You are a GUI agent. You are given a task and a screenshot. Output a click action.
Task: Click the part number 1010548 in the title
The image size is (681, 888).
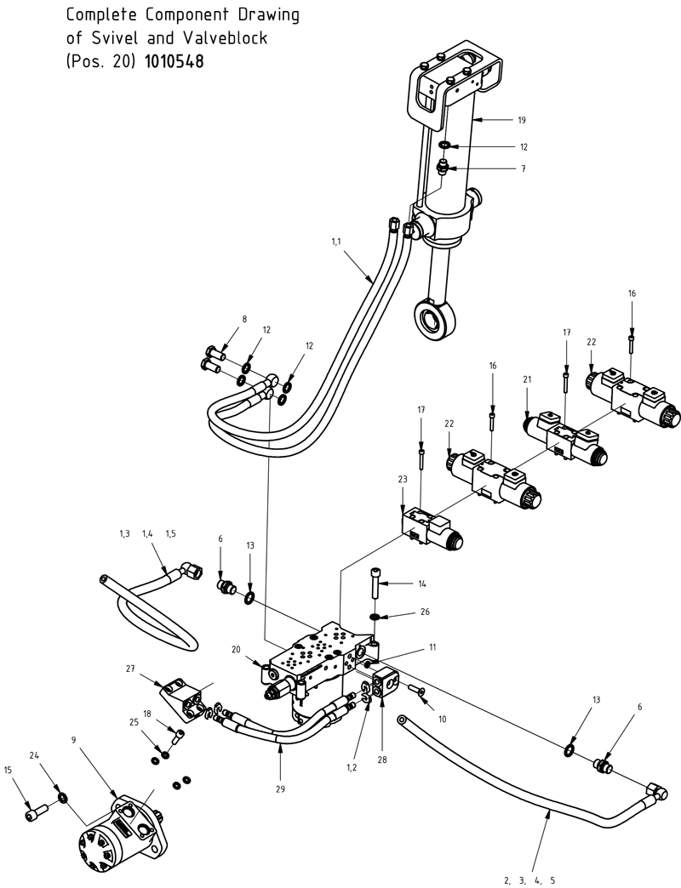pyautogui.click(x=175, y=61)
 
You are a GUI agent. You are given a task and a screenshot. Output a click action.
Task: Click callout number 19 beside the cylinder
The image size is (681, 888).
pyautogui.click(x=522, y=120)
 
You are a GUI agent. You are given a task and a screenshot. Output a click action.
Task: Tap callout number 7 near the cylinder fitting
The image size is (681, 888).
pyautogui.click(x=522, y=169)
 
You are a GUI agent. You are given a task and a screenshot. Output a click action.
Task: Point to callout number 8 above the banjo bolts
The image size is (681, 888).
pyautogui.click(x=244, y=320)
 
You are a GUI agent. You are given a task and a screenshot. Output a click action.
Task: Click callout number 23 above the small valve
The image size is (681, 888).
pyautogui.click(x=403, y=480)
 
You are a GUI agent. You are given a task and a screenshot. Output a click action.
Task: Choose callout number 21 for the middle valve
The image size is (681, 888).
pyautogui.click(x=527, y=379)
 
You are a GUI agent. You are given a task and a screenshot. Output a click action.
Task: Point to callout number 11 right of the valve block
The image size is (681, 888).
pyautogui.click(x=432, y=647)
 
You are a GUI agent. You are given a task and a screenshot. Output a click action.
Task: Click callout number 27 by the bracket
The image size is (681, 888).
pyautogui.click(x=130, y=670)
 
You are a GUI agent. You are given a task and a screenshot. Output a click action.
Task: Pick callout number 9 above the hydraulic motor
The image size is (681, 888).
pyautogui.click(x=74, y=740)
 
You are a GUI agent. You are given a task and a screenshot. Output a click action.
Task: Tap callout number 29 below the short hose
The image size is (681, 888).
pyautogui.click(x=280, y=788)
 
